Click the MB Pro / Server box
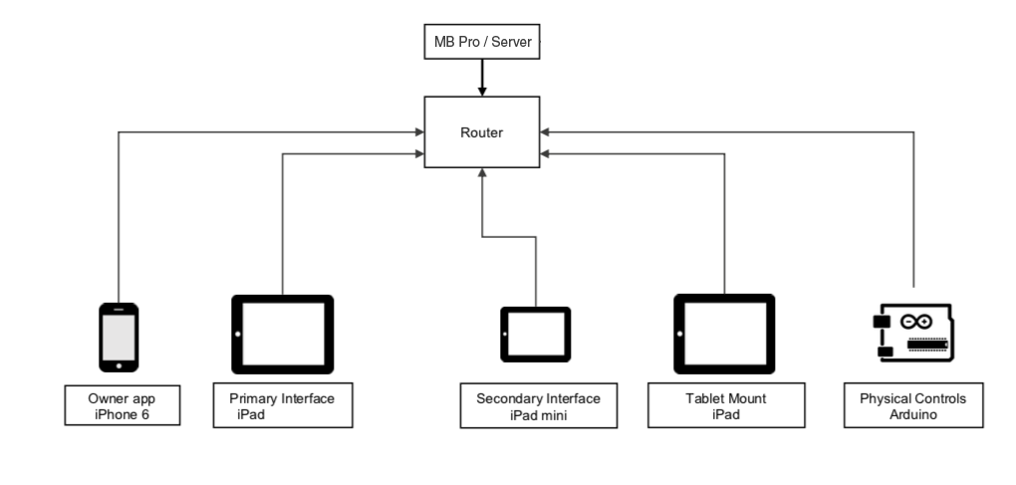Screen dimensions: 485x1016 click(481, 44)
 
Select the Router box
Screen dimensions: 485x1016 click(481, 131)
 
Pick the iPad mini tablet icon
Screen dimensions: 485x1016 click(535, 335)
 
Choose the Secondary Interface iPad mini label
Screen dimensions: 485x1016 click(538, 406)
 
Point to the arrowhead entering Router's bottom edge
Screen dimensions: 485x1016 click(481, 173)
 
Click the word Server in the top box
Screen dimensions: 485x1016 click(509, 44)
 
